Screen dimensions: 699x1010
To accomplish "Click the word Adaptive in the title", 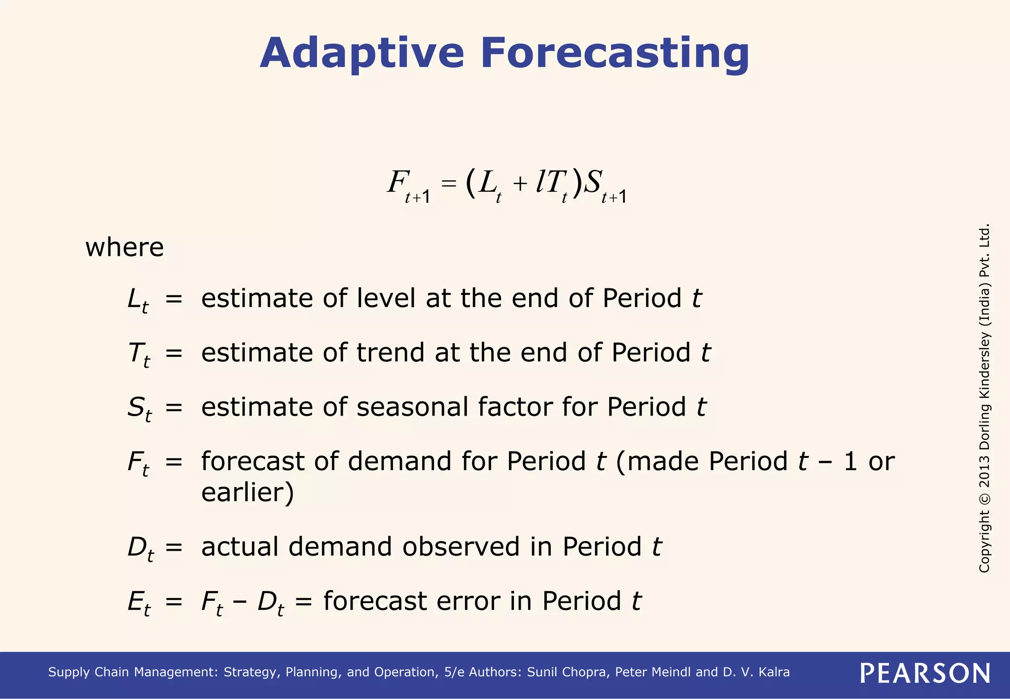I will [361, 53].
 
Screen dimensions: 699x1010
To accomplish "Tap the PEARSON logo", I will [925, 673].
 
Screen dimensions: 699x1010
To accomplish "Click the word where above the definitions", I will [124, 247].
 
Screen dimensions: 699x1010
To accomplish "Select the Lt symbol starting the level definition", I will [138, 300].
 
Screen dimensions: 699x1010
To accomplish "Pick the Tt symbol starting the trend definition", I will [139, 354].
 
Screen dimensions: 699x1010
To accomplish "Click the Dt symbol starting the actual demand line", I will [140, 549].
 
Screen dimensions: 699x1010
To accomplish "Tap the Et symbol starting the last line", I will [139, 603].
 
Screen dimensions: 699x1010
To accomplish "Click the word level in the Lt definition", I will [386, 298].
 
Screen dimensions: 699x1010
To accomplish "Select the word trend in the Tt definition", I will [390, 352].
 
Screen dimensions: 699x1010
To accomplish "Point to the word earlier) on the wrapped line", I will [248, 492].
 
